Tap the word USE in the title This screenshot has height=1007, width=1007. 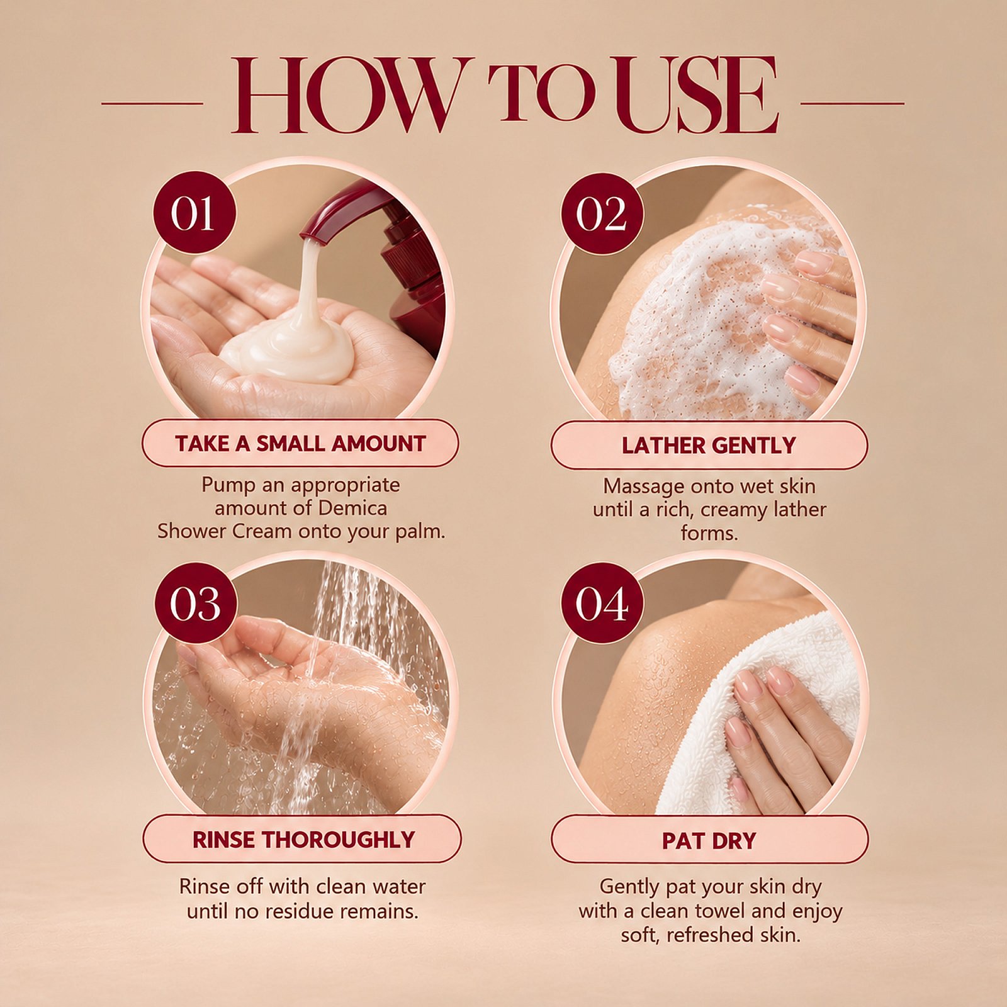[696, 95]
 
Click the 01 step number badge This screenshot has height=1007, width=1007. [194, 213]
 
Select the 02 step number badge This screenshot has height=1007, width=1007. [602, 214]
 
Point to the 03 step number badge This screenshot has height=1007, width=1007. [196, 603]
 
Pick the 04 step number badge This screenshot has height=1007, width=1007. [602, 603]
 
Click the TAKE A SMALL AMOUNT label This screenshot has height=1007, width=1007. [300, 443]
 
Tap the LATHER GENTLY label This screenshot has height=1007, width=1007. [709, 445]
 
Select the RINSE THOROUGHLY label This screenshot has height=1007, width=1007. [302, 839]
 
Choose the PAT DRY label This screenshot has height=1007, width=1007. [709, 840]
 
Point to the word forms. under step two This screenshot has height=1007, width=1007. [709, 533]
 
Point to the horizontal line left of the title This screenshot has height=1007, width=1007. [152, 103]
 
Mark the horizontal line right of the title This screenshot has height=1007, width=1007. [852, 103]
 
